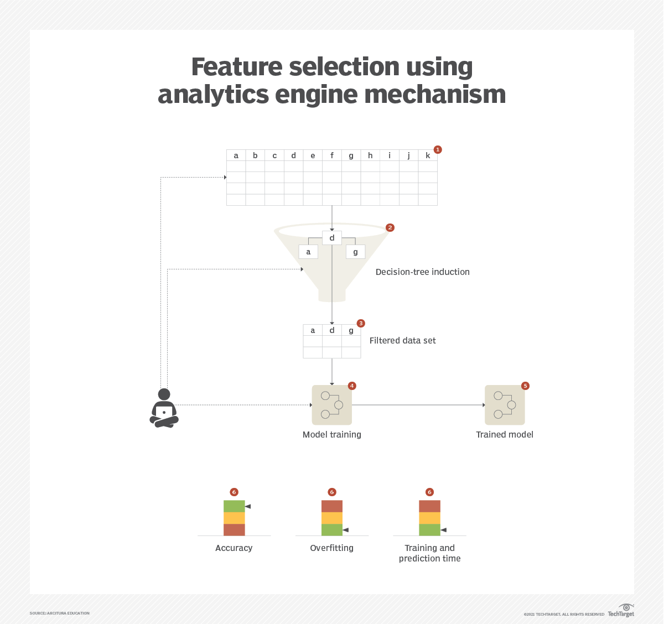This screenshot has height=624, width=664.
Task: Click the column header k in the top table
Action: [x=428, y=155]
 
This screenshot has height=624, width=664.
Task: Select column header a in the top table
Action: [x=236, y=155]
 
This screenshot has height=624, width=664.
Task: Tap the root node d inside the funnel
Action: [x=332, y=238]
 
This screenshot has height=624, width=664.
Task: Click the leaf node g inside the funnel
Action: [x=355, y=252]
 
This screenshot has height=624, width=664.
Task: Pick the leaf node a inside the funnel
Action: [x=308, y=252]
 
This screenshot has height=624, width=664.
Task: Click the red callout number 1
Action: [x=438, y=149]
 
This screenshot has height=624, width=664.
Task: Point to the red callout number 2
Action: [x=390, y=227]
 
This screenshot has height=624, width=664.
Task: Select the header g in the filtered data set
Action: [x=351, y=330]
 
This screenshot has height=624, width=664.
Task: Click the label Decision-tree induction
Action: [x=422, y=272]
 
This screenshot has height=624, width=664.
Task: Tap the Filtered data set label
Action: [x=402, y=341]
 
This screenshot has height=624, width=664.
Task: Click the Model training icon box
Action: [x=332, y=405]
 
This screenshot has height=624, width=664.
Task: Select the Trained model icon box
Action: [x=505, y=405]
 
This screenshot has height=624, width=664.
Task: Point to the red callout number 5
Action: [x=525, y=386]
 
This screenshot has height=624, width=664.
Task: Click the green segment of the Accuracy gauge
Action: [x=234, y=506]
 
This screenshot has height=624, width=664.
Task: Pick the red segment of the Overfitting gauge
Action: [x=332, y=506]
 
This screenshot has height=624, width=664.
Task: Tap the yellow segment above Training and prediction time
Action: [x=429, y=518]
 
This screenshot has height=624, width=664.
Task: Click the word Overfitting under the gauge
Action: [x=331, y=548]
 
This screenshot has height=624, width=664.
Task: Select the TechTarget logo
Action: [x=621, y=611]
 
